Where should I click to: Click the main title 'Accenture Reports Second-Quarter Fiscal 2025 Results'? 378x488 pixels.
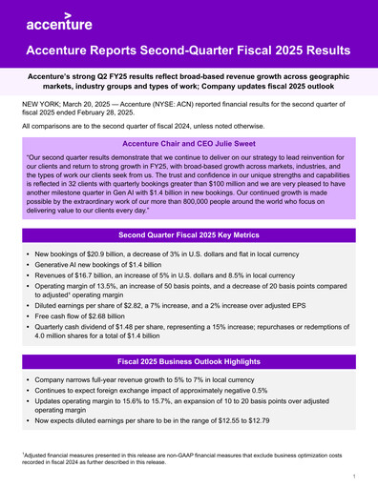click(188, 50)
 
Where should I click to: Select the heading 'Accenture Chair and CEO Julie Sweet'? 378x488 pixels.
click(188, 141)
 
